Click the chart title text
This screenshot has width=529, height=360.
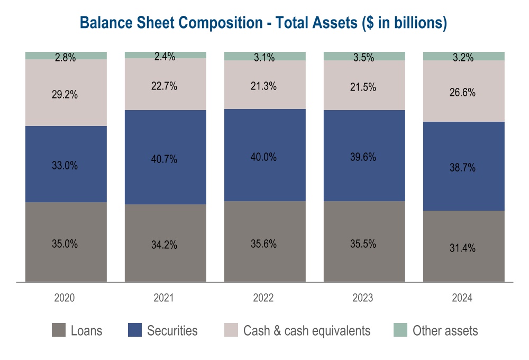pyautogui.click(x=263, y=23)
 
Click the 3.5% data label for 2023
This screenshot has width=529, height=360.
pyautogui.click(x=364, y=58)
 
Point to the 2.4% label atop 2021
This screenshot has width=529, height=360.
pyautogui.click(x=166, y=56)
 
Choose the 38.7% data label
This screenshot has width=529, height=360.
pyautogui.click(x=464, y=168)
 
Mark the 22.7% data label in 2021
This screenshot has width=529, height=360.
pyautogui.click(x=166, y=87)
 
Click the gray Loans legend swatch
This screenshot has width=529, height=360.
pyautogui.click(x=58, y=331)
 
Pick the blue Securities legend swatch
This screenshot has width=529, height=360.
pyautogui.click(x=134, y=331)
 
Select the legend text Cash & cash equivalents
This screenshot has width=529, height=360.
pyautogui.click(x=307, y=331)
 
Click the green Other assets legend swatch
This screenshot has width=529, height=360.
pyautogui.click(x=400, y=331)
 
